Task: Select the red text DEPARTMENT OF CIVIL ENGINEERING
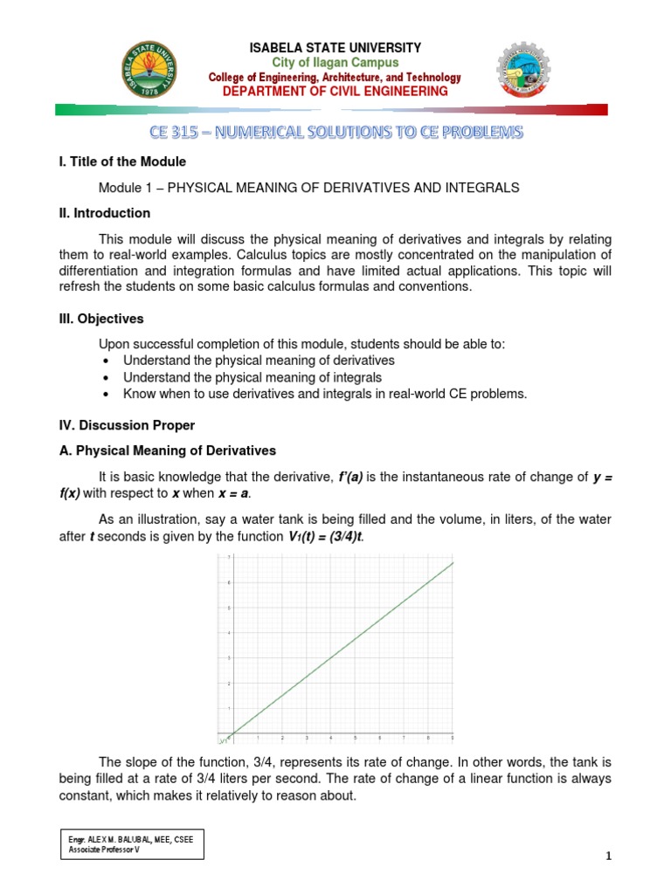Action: (x=335, y=91)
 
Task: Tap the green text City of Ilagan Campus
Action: (x=335, y=63)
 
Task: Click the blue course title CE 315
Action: (x=335, y=133)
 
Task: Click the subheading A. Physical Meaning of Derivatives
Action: (x=163, y=450)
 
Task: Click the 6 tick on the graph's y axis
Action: (x=229, y=581)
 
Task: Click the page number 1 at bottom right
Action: (x=609, y=856)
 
